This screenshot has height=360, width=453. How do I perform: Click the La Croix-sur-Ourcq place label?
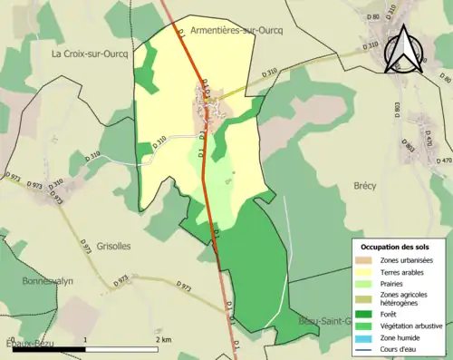point(89,54)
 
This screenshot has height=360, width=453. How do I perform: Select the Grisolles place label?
point(114,245)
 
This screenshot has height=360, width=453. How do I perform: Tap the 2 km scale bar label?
point(163,339)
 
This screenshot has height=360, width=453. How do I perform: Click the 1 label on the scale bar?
point(85,339)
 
